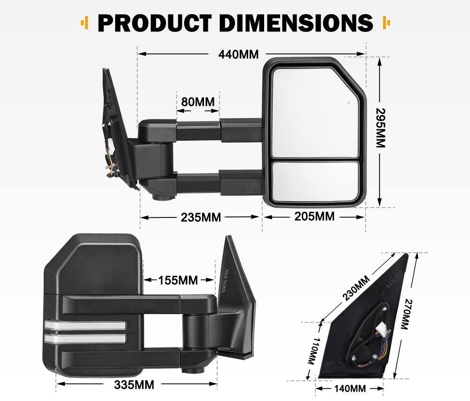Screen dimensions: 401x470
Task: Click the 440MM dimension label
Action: tap(238, 54)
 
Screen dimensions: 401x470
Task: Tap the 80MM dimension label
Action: tap(197, 102)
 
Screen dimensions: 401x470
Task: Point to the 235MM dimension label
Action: tap(201, 217)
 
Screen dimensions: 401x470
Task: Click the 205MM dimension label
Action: tap(314, 217)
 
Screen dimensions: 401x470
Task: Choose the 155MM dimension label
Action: tap(178, 280)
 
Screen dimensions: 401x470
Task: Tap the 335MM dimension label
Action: tap(134, 385)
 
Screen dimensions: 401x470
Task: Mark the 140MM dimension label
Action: tap(349, 389)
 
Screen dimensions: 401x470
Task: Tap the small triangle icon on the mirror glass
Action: tap(348, 102)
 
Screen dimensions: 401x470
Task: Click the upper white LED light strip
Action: tap(85, 325)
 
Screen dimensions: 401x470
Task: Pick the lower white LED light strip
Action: tap(85, 338)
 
